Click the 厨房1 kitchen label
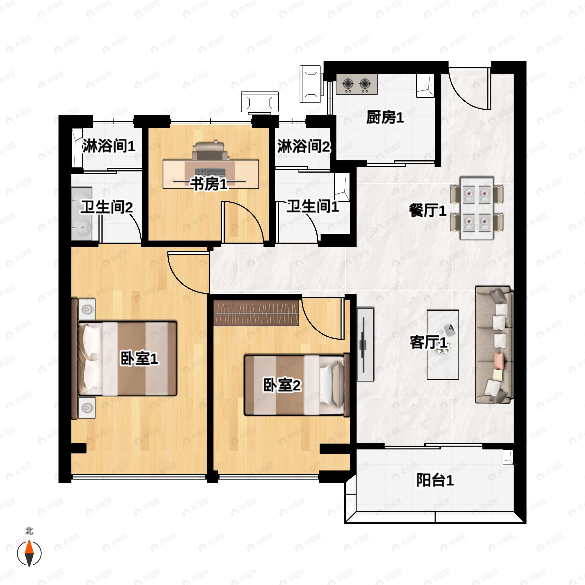(385, 117)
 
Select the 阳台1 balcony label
(435, 480)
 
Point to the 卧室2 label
(282, 385)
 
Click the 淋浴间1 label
(109, 146)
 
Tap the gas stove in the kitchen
(357, 84)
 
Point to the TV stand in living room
(365, 344)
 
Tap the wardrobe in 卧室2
(256, 313)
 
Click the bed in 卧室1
(127, 359)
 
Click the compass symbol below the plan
(29, 553)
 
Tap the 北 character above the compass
(29, 531)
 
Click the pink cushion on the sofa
(499, 360)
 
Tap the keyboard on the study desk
(210, 172)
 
